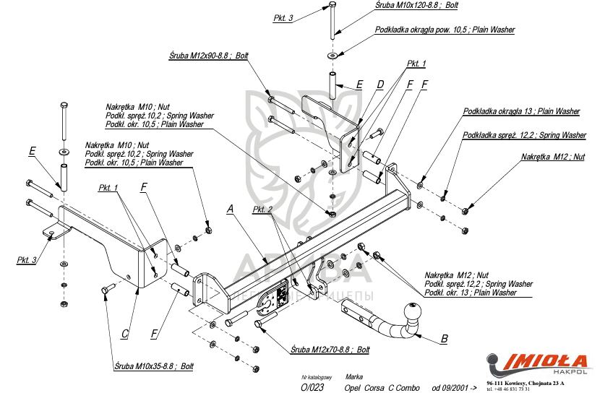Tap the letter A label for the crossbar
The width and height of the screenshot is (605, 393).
tap(231, 209)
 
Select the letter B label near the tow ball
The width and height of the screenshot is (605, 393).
tap(445, 338)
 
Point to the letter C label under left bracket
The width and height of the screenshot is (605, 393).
tap(125, 333)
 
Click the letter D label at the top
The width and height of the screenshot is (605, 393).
tap(380, 85)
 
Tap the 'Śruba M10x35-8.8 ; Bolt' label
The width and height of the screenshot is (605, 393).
tap(153, 366)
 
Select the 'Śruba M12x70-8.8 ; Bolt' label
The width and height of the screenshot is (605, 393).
tap(330, 349)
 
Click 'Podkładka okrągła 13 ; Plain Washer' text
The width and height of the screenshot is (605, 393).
tap(521, 111)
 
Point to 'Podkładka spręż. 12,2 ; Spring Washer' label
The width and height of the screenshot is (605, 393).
tap(524, 135)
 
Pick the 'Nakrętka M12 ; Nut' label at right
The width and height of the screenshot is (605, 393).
tap(553, 157)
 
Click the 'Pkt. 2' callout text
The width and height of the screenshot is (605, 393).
tap(262, 210)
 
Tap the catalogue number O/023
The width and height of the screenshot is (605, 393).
tap(312, 387)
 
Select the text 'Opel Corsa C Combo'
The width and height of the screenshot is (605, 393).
tap(382, 388)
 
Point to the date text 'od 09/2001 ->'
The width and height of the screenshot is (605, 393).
tap(455, 388)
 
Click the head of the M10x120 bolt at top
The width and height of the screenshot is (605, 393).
tap(332, 5)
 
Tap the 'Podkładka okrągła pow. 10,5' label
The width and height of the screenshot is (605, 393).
tap(445, 30)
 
